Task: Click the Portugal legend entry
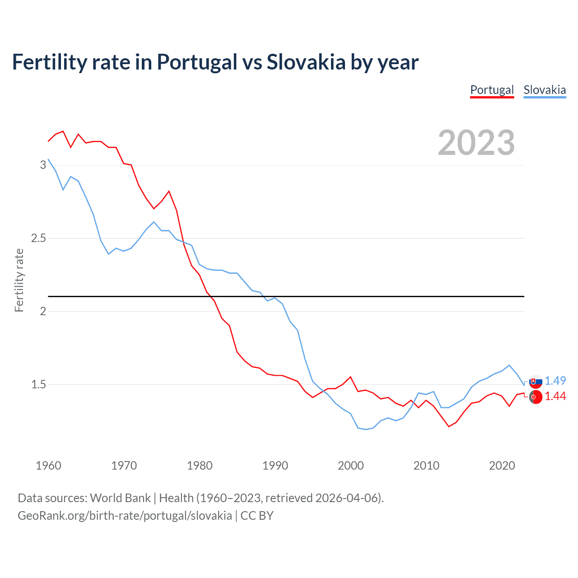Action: coord(492,90)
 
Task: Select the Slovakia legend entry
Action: coord(545,90)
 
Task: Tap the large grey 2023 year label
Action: coord(476,143)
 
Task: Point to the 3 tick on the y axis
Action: coord(43,165)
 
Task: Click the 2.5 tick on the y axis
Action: coord(39,238)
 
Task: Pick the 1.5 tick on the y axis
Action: coord(39,384)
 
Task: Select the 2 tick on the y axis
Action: coord(43,311)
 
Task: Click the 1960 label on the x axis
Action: coord(48,466)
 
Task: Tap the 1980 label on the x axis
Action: coord(200,466)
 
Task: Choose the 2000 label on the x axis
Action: coord(350,466)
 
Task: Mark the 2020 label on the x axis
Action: coord(502,466)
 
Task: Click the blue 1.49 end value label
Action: coord(555,381)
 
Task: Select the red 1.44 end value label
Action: coord(555,396)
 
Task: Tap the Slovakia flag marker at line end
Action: coord(535,382)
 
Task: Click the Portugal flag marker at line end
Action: coord(535,397)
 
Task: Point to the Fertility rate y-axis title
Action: coord(19,280)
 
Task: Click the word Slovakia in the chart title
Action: coord(306,62)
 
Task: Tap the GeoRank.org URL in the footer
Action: coord(125,516)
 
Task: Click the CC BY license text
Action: coord(257,516)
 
